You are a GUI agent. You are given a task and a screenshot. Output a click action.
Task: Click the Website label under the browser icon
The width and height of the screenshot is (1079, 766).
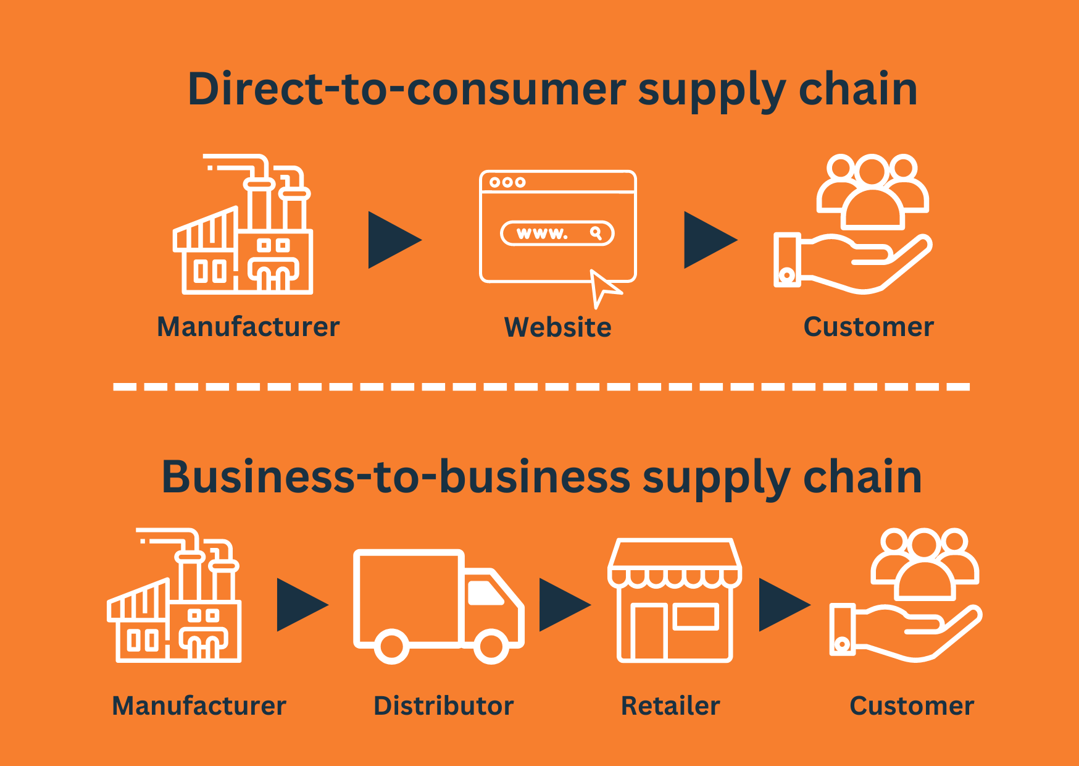click(x=557, y=327)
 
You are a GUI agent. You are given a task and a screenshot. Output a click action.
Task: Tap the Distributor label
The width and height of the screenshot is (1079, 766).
click(x=443, y=705)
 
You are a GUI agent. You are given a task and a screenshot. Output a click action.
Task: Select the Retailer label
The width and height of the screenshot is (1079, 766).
click(x=670, y=705)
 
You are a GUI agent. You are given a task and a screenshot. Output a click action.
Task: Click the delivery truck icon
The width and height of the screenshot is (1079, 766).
click(x=438, y=605)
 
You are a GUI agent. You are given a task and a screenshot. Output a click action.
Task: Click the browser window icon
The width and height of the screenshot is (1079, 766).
click(x=557, y=226)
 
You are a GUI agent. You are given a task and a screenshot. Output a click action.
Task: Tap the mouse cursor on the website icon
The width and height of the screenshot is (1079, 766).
click(x=602, y=287)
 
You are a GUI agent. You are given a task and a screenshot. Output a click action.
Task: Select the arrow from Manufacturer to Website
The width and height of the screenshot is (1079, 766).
click(x=391, y=240)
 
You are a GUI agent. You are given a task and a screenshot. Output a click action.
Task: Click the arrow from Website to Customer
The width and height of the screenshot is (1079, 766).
click(x=707, y=240)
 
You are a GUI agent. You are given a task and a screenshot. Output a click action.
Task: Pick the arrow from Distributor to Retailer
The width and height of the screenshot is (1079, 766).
click(x=561, y=605)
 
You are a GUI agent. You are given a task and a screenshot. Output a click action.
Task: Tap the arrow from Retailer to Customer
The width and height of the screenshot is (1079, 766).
click(x=781, y=605)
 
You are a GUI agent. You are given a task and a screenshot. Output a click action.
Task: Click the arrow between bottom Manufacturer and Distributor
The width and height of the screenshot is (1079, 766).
click(x=299, y=605)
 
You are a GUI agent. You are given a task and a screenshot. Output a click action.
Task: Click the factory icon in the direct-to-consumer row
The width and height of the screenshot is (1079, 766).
click(x=243, y=225)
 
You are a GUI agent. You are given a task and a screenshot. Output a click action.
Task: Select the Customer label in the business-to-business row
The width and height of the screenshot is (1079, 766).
click(x=911, y=705)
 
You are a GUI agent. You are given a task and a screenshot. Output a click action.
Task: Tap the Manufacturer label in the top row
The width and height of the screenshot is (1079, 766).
click(x=248, y=327)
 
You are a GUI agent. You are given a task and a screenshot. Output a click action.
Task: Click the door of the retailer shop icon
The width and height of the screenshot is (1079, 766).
click(x=649, y=631)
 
